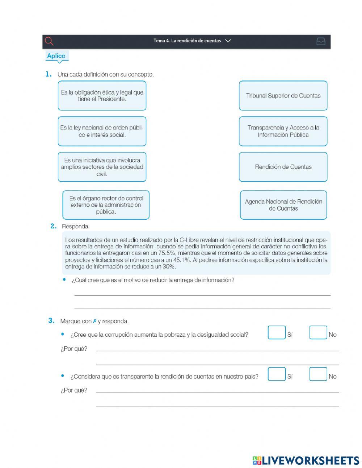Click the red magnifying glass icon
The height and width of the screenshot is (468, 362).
tap(49, 41)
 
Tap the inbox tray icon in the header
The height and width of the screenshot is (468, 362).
tap(321, 41)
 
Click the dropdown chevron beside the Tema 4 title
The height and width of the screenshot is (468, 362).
tap(228, 41)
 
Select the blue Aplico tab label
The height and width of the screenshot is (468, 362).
tap(56, 56)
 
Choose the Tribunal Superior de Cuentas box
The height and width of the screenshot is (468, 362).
tap(283, 96)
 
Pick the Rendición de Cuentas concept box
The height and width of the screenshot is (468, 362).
tap(283, 167)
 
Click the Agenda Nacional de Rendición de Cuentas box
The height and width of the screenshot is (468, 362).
tap(283, 205)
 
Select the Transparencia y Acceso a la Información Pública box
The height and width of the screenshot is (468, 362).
tap(283, 131)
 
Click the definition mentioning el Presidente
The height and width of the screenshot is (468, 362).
tap(102, 96)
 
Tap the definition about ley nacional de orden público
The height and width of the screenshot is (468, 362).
tap(102, 131)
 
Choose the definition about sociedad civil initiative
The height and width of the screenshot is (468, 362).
tap(102, 167)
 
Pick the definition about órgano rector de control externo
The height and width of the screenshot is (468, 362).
tap(106, 205)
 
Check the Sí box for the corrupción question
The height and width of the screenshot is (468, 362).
tap(277, 333)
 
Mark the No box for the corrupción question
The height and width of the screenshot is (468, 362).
tap(318, 333)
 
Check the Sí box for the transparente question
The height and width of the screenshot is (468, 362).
tap(277, 374)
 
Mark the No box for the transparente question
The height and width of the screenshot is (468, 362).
tap(318, 374)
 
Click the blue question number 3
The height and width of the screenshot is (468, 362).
tap(51, 320)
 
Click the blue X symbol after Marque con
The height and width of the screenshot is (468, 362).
tap(94, 321)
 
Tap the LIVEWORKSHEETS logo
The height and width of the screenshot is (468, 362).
tap(306, 460)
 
